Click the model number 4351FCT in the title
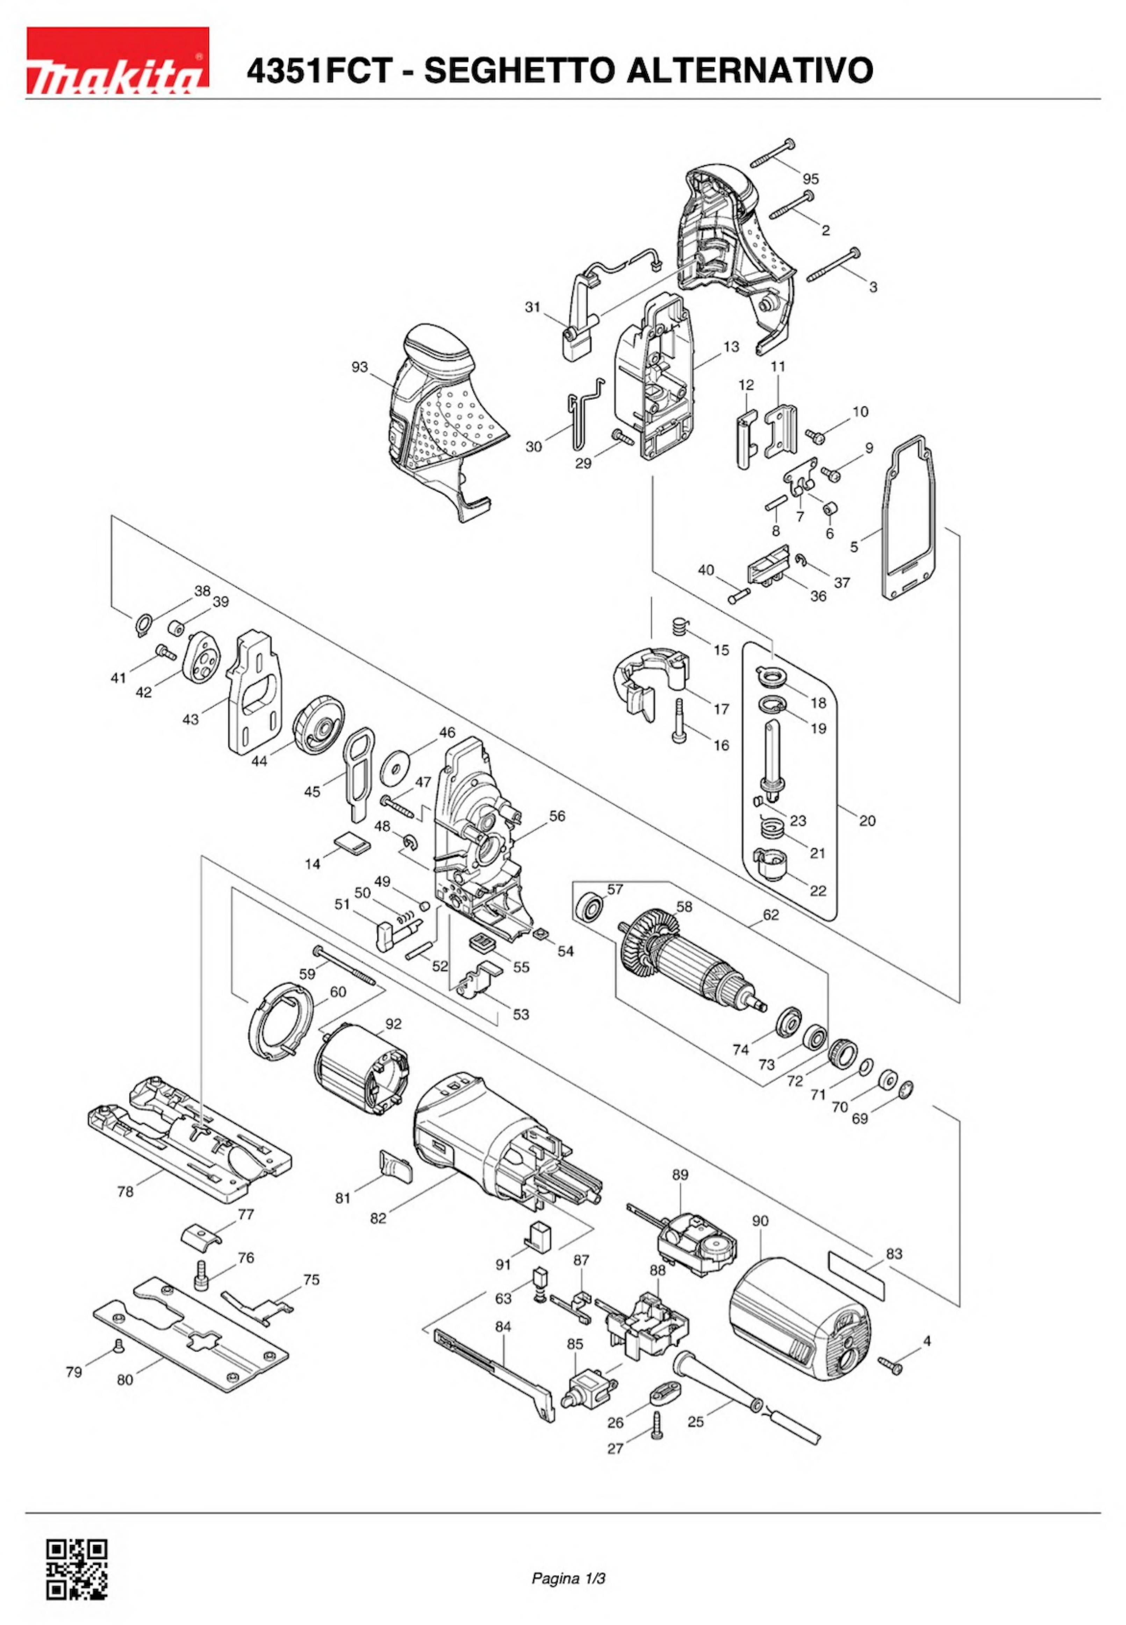317,71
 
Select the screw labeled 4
892,1367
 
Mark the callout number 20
867,821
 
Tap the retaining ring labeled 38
143,623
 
